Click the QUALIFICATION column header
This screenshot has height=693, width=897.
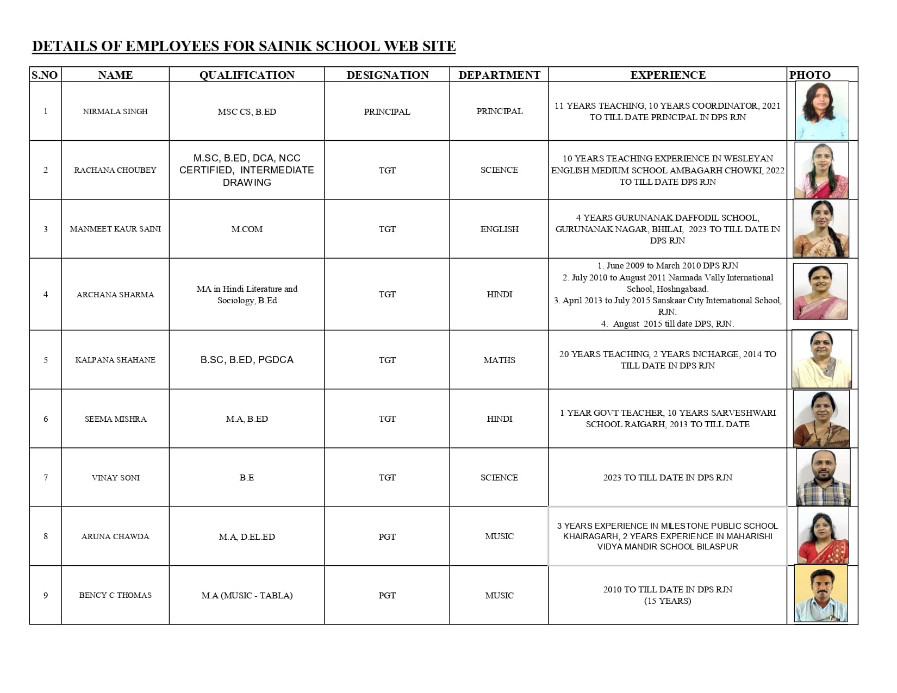tap(247, 75)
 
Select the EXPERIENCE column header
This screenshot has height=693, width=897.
tap(668, 75)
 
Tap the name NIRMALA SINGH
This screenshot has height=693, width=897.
tap(115, 111)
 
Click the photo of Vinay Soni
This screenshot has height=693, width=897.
tap(823, 477)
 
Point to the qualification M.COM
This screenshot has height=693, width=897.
tap(247, 229)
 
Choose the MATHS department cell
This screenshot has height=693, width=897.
tap(499, 360)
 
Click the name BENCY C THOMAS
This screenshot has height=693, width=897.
tap(115, 595)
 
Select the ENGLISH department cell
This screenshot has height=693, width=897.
tap(499, 229)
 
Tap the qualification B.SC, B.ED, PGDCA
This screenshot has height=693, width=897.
tap(247, 360)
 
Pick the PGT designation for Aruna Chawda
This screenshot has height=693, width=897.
tap(387, 536)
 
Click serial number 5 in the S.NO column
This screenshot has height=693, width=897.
tap(46, 360)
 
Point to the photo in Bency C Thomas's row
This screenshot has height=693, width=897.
tap(821, 594)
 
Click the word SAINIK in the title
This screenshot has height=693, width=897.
tap(285, 46)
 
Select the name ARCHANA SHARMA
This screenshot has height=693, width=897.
tap(115, 295)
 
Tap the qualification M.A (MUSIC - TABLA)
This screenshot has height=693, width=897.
tap(247, 595)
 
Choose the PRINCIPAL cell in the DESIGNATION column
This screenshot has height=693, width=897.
tap(387, 111)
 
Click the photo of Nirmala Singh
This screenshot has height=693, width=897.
tap(822, 111)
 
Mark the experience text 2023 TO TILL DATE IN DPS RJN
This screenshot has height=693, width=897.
tap(668, 477)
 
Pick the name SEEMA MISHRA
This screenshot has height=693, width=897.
tap(115, 419)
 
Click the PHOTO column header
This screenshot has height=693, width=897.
tap(810, 75)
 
